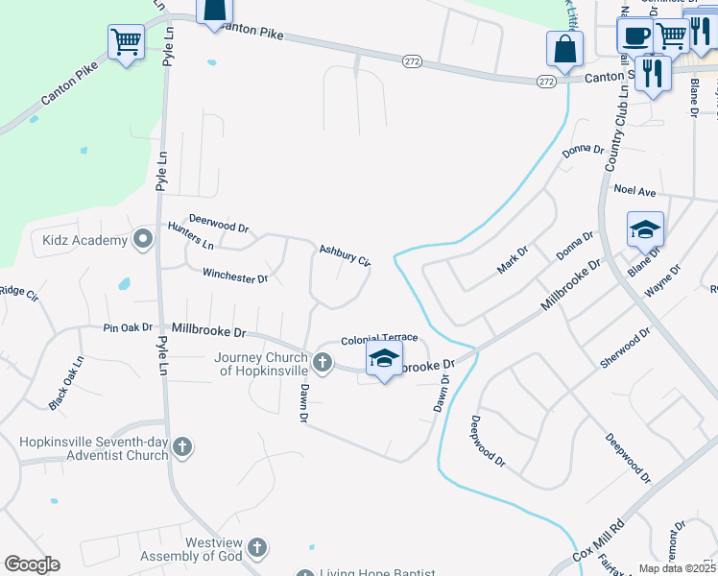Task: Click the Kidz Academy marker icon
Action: pos(144,239)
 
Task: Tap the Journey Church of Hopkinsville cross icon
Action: pos(323,363)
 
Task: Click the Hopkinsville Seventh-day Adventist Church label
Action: pos(94,448)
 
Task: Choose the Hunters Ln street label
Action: pos(190,236)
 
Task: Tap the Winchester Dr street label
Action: pos(235,276)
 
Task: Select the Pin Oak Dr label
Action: pos(128,327)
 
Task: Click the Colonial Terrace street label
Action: pos(379,339)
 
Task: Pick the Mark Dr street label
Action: pos(513,259)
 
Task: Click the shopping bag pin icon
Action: pos(564,48)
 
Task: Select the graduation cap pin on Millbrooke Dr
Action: pos(383,359)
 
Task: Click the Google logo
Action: pos(32,564)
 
